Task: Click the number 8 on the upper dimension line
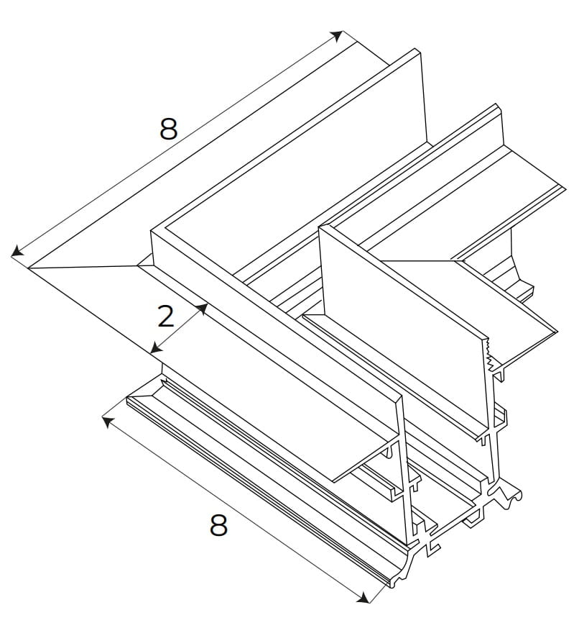[168, 129]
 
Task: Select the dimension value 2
[166, 317]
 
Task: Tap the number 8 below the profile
[218, 526]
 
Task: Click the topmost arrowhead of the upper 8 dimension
[339, 35]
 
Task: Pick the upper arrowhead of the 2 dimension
[203, 308]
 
